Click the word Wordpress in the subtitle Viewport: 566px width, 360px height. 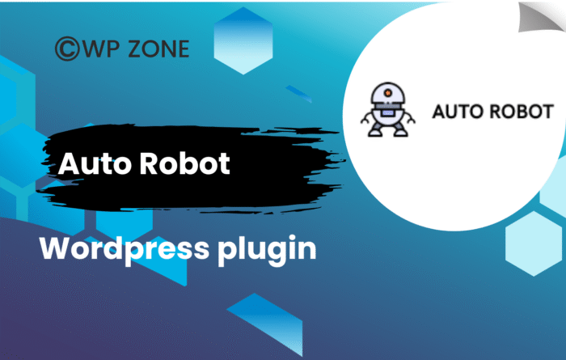point(107,248)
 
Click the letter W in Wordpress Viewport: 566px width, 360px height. point(55,248)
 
